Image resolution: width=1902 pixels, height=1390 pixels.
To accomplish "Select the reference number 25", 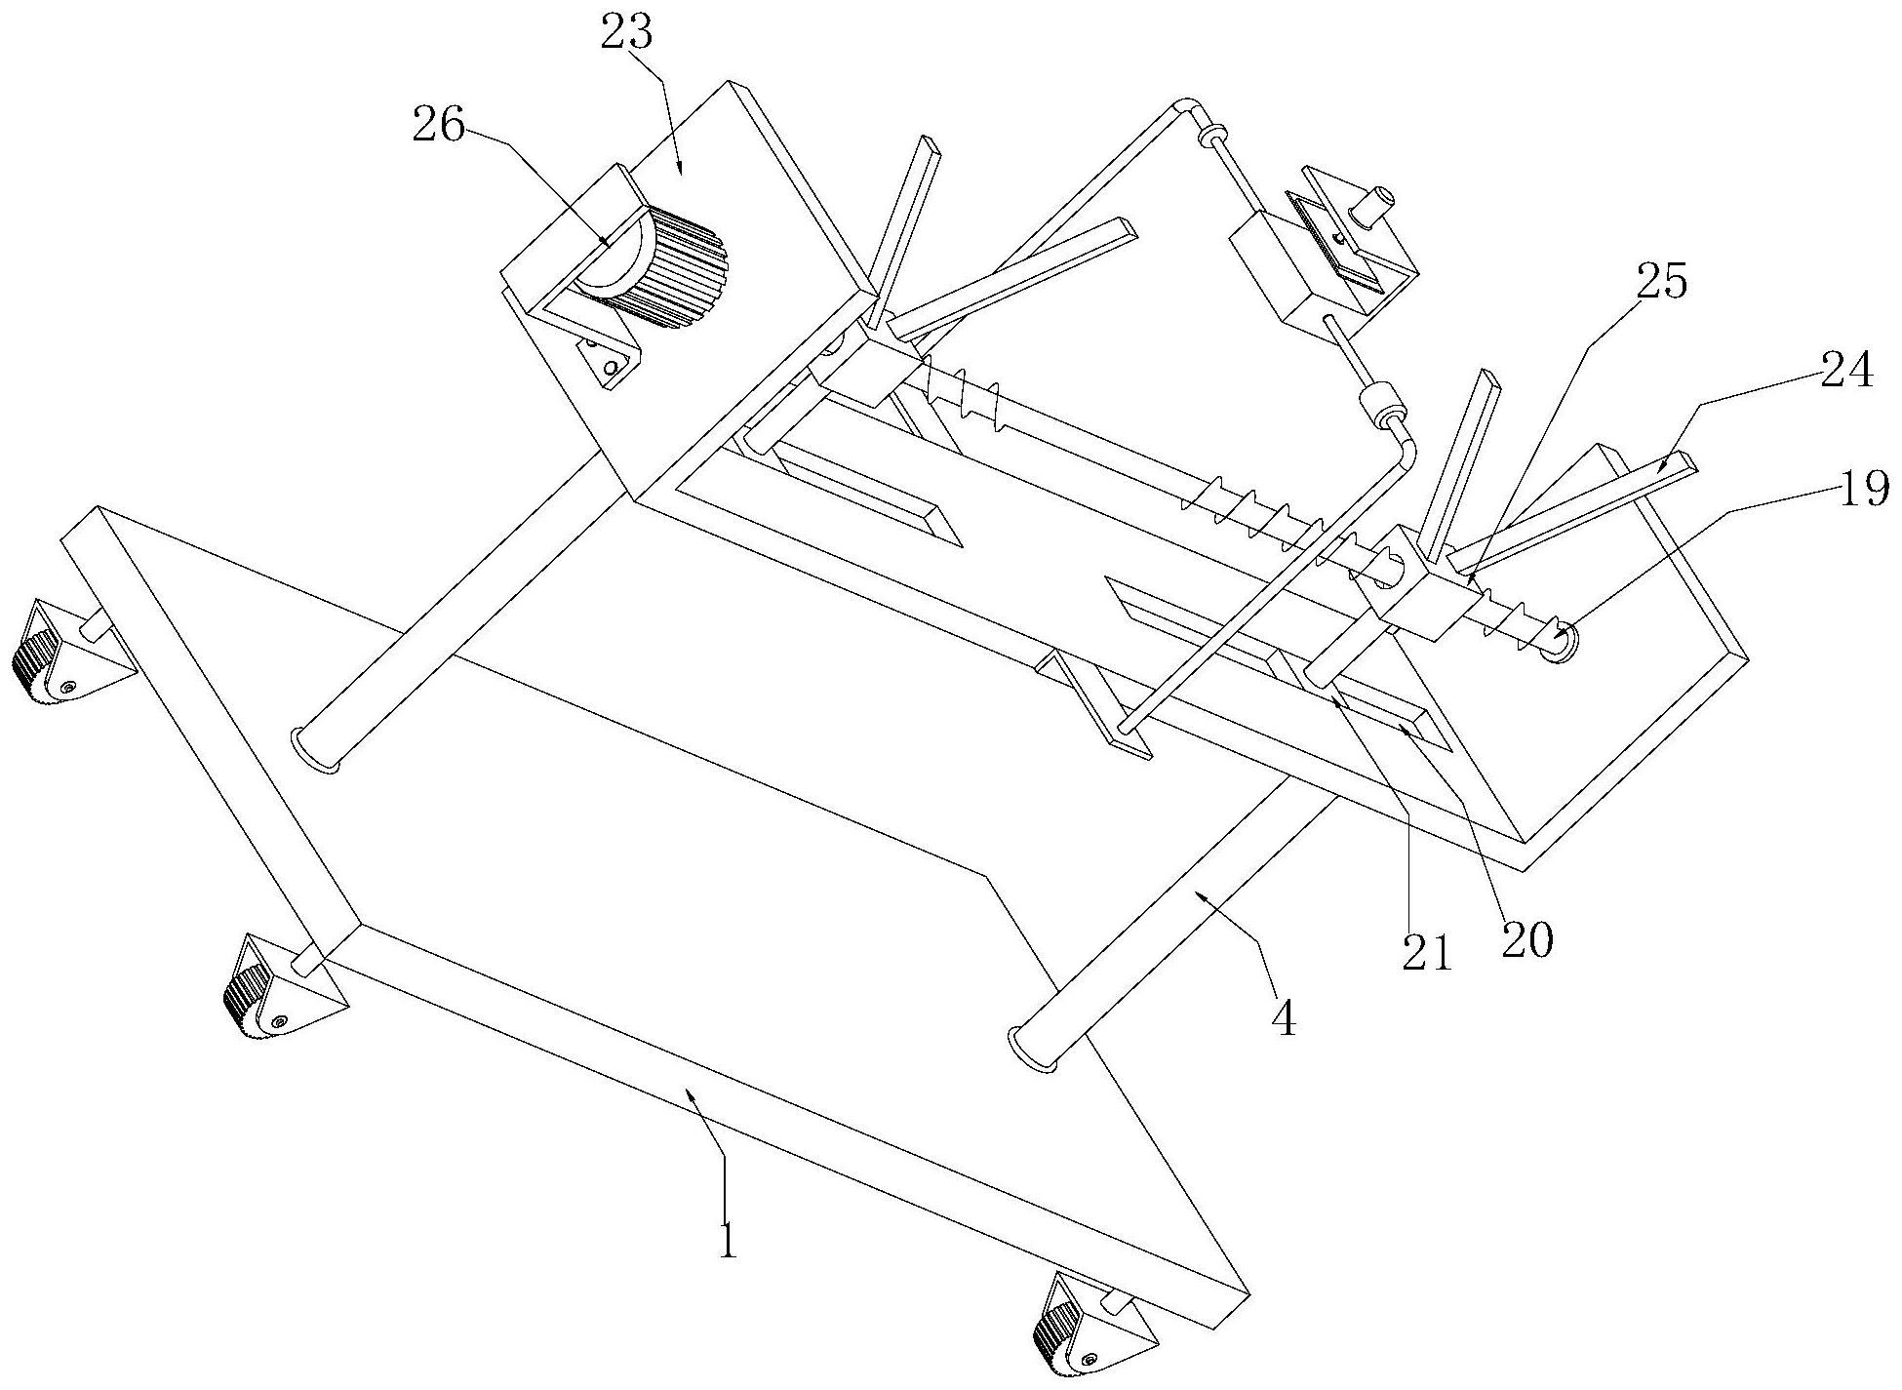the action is [x=1662, y=284].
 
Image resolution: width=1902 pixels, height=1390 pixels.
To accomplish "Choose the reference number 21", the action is [x=1427, y=950].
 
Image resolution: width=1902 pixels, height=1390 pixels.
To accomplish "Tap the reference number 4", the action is [x=1285, y=1019].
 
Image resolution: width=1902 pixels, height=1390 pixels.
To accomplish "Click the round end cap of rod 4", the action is [x=1032, y=1050].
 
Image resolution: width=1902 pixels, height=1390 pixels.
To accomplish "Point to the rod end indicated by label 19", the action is [x=1560, y=644].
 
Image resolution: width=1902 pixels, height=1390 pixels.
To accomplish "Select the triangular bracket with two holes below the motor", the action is [x=610, y=358].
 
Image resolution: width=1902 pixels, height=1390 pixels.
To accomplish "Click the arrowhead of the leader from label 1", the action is [x=692, y=1100].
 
